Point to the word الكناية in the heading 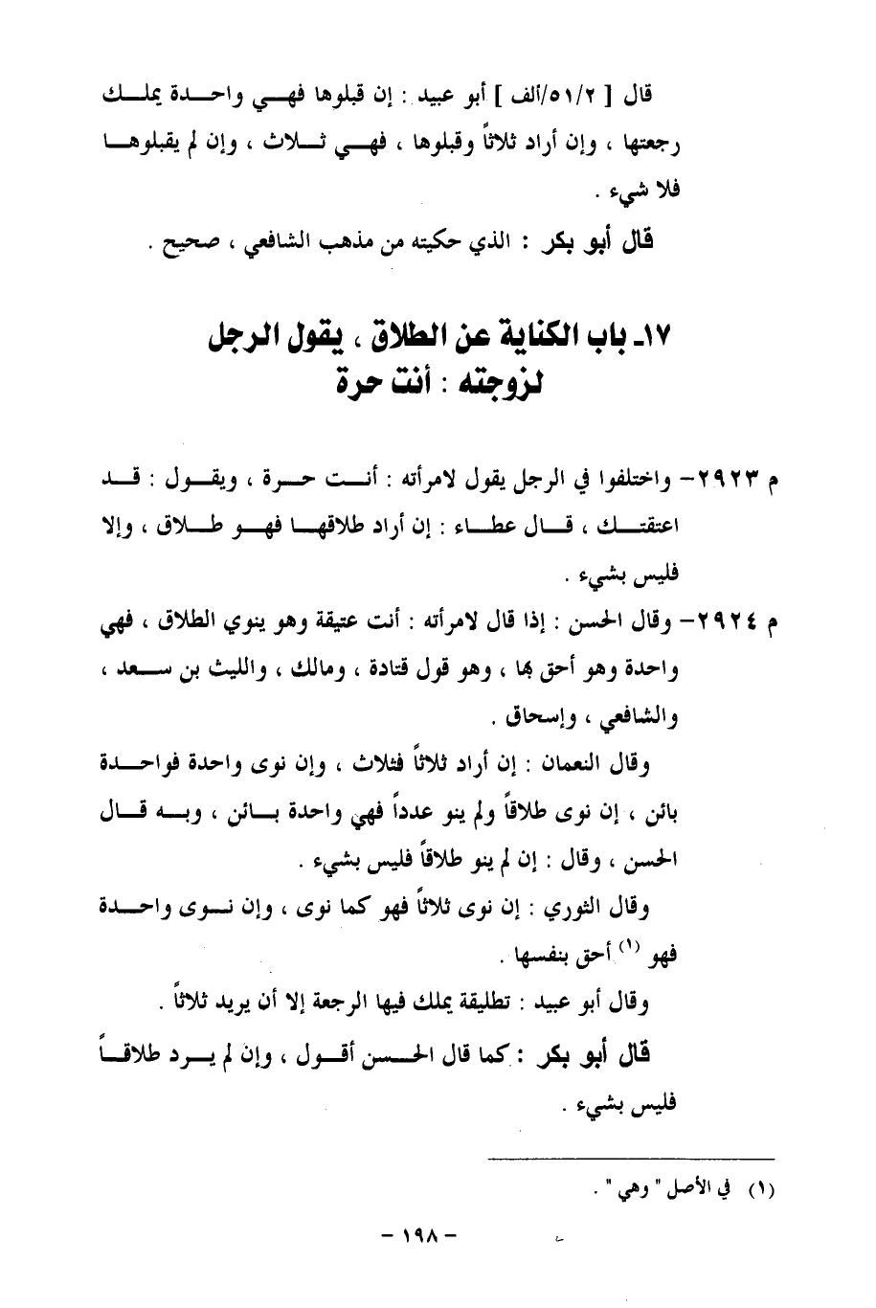[x=531, y=338]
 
